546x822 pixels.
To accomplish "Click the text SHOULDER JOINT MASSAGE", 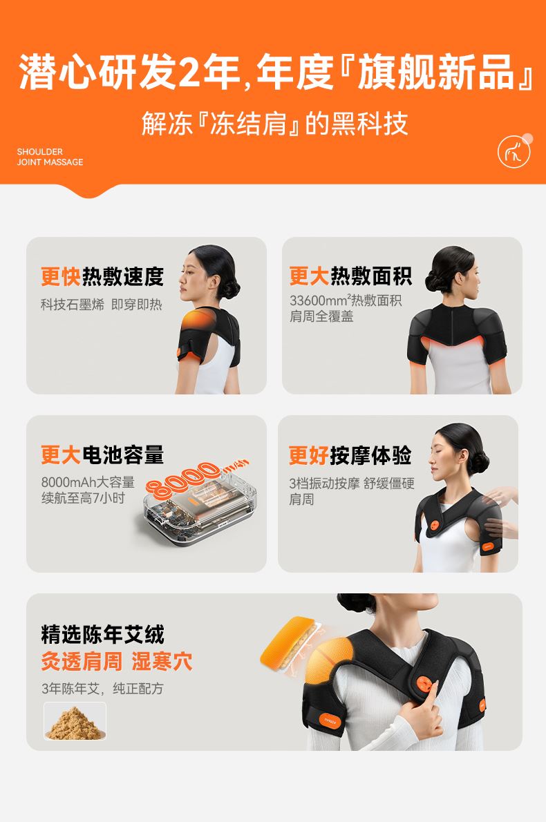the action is point(50,157).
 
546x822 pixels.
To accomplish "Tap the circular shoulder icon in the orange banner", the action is point(514,151).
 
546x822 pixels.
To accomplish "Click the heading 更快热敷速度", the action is point(102,276).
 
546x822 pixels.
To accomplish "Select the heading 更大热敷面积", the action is point(350,276).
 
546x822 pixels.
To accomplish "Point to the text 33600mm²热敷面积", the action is point(346,300).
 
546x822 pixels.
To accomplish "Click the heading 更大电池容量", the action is point(102,455).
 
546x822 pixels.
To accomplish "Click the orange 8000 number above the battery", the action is point(183,478).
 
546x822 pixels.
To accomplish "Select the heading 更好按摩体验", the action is point(350,455).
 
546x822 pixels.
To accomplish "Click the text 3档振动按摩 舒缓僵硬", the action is point(352,483).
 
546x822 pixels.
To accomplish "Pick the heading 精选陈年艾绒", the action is point(102,634).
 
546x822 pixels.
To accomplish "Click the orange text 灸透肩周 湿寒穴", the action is point(116,661).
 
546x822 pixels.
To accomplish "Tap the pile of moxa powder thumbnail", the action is point(75,721).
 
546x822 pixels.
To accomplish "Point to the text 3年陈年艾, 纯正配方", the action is point(102,688).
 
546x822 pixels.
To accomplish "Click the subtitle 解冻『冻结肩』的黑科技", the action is point(274,124).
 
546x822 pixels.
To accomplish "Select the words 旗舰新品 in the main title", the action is point(435,72).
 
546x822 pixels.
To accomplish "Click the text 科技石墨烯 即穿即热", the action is point(101,304).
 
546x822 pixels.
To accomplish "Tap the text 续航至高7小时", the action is point(83,497).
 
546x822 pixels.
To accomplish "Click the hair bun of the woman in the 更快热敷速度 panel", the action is point(229,287).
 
